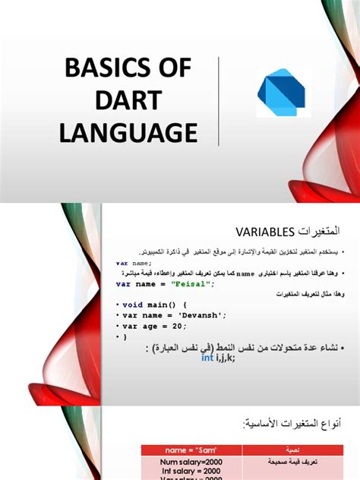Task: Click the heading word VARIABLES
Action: point(262,229)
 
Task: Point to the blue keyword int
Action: point(207,358)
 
